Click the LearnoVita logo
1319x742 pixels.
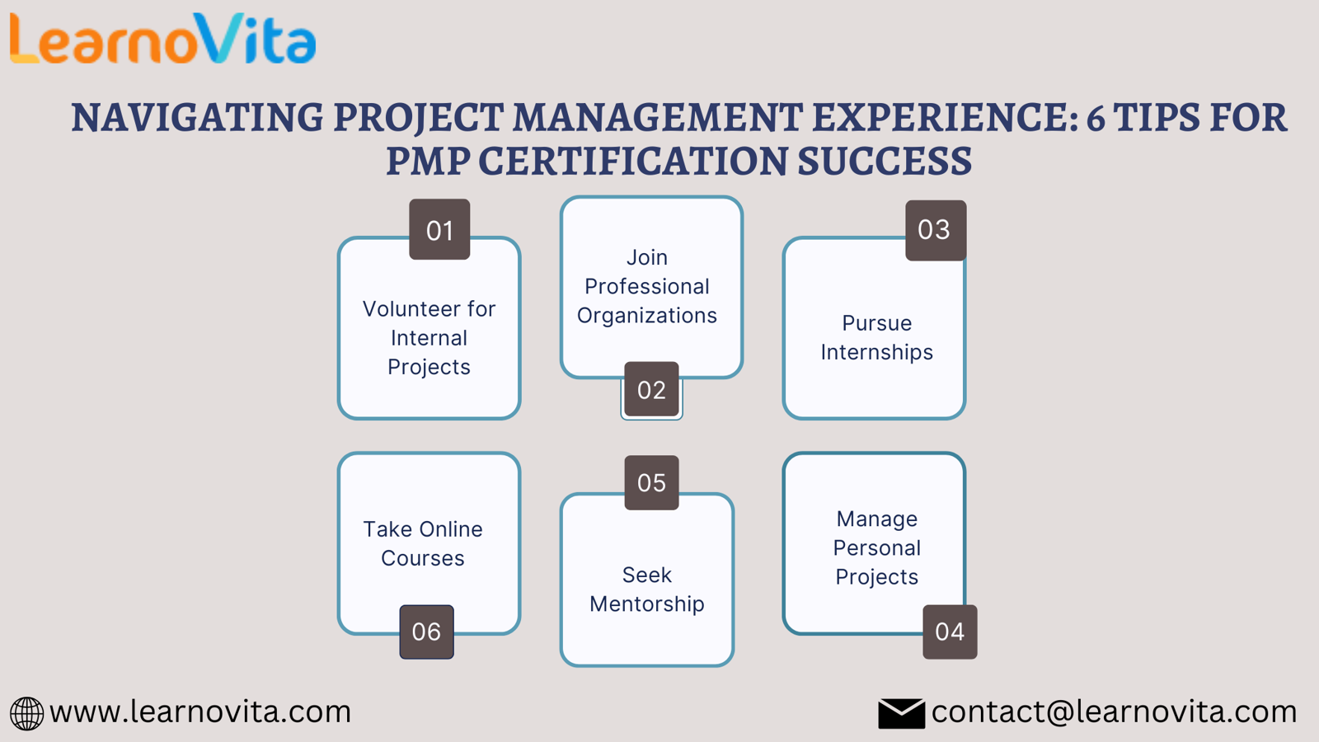click(163, 39)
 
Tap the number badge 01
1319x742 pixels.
click(439, 229)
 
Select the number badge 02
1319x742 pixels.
click(651, 389)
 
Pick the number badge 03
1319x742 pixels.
click(936, 230)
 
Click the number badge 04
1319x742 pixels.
click(950, 632)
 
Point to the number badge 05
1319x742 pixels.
click(651, 482)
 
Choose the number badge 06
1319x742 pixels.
click(426, 632)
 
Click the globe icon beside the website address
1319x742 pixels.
click(26, 714)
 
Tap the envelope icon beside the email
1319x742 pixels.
click(901, 714)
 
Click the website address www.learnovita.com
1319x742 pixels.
click(200, 712)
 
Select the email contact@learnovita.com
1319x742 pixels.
click(1114, 712)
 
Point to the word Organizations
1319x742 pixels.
click(647, 317)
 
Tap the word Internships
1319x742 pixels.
click(877, 353)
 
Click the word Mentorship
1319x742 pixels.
click(647, 604)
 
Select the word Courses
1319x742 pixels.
click(423, 558)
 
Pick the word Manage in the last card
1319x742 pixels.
click(877, 519)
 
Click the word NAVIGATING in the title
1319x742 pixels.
click(198, 117)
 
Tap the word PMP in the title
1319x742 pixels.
click(428, 161)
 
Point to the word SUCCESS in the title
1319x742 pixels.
click(885, 161)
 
